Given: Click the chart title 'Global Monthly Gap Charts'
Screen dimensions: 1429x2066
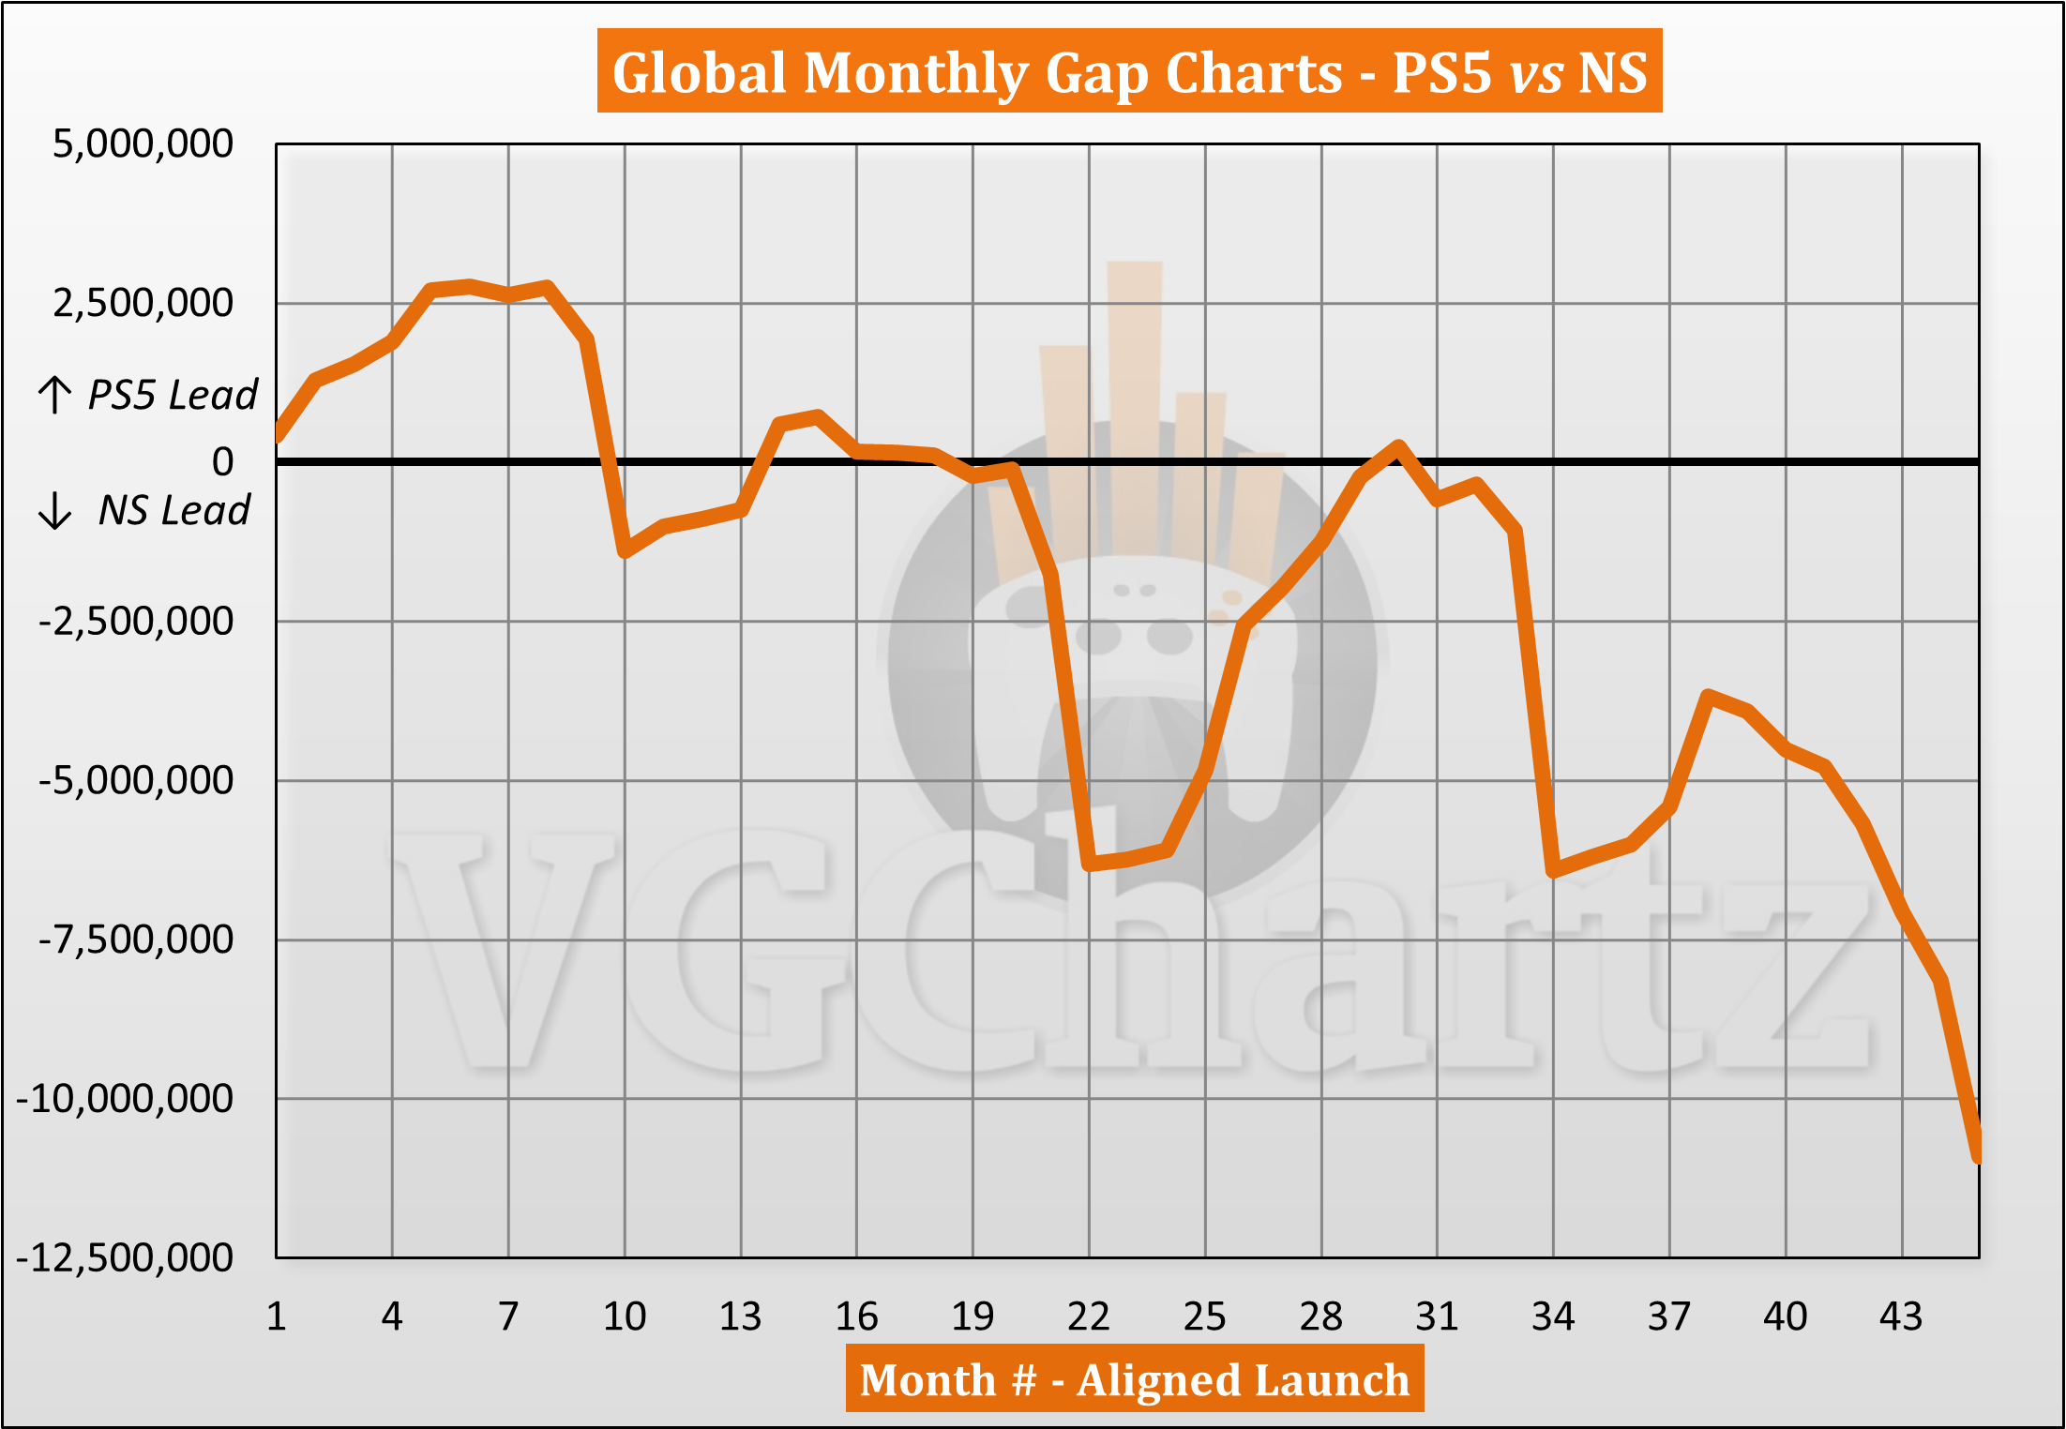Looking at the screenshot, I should (1129, 72).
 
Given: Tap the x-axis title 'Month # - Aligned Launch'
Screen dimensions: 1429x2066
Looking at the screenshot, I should (1134, 1379).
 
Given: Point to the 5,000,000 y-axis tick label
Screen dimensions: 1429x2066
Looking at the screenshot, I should (143, 144).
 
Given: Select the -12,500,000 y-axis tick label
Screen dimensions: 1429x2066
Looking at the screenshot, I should (125, 1257).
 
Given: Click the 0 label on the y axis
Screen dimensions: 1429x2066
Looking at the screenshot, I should (222, 461).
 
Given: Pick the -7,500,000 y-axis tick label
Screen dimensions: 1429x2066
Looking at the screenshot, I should (136, 940).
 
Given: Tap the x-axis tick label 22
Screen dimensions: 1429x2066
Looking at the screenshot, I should (1088, 1316).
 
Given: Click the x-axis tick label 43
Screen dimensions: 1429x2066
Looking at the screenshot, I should (1901, 1316).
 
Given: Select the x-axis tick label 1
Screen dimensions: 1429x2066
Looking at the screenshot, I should (276, 1316).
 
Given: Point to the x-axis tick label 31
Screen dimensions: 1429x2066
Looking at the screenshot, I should (1437, 1316).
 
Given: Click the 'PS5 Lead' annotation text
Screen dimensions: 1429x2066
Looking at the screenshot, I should (173, 395).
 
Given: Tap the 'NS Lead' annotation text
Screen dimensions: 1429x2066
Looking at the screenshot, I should (174, 511).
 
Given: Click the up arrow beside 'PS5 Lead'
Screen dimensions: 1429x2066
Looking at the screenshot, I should (54, 395).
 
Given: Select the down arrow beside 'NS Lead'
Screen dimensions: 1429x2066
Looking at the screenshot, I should (54, 511).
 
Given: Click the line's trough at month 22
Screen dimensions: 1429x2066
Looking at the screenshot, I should (1089, 864).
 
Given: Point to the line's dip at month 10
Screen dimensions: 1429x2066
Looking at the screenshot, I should (625, 551).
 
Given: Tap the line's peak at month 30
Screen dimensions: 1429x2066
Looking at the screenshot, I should (1398, 445).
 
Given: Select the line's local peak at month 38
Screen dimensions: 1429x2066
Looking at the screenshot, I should (1708, 696).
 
